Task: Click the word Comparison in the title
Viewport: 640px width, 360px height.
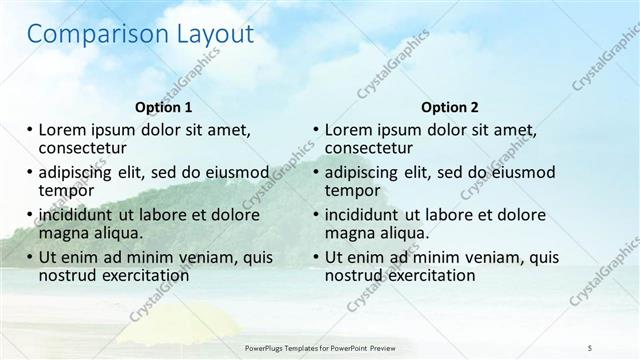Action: click(x=86, y=35)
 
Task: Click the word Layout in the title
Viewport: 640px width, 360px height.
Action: click(x=205, y=35)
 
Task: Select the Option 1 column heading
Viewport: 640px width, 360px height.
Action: click(x=163, y=106)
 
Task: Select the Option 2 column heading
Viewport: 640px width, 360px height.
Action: click(x=450, y=106)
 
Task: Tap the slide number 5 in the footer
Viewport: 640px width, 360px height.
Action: click(x=590, y=347)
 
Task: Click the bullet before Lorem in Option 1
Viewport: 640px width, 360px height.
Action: click(x=29, y=129)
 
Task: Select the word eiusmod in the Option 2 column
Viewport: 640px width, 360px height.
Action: click(x=509, y=171)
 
